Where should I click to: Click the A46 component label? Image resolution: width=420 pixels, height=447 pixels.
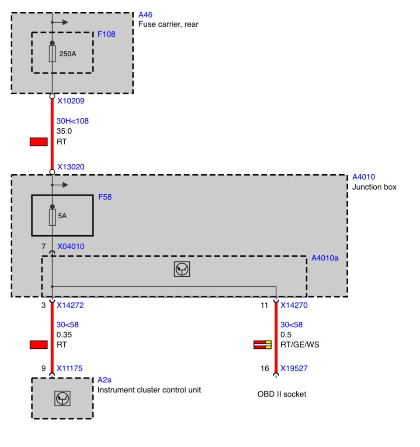click(x=145, y=15)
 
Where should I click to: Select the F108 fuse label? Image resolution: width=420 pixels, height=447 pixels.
click(x=107, y=34)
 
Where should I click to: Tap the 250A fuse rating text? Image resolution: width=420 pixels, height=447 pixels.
click(x=68, y=54)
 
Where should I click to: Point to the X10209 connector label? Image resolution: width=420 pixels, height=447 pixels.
click(x=71, y=101)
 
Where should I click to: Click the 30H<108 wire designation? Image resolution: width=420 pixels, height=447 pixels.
click(x=73, y=121)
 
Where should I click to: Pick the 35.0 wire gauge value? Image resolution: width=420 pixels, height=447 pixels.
click(x=64, y=131)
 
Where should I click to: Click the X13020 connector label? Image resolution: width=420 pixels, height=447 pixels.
click(x=71, y=167)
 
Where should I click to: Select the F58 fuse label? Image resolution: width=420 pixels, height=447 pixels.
click(x=105, y=197)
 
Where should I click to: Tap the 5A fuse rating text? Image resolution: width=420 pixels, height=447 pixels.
click(x=62, y=216)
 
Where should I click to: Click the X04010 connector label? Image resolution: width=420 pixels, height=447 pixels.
click(x=71, y=246)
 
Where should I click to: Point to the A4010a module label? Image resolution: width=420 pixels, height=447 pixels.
click(x=325, y=258)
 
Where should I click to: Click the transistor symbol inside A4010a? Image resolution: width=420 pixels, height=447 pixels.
click(x=182, y=269)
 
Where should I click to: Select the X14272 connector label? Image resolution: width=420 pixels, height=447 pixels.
click(x=70, y=305)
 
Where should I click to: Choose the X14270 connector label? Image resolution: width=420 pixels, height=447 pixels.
click(x=294, y=305)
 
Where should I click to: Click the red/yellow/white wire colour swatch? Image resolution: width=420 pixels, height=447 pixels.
click(x=263, y=345)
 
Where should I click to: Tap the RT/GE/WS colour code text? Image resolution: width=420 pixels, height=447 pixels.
click(x=300, y=345)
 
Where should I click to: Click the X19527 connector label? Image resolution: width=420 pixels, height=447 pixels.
click(x=294, y=368)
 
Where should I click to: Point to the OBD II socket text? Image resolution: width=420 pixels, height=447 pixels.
click(x=281, y=394)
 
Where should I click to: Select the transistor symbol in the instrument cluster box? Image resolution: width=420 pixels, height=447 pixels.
click(x=62, y=398)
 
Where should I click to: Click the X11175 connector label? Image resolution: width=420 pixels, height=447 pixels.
click(x=69, y=368)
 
